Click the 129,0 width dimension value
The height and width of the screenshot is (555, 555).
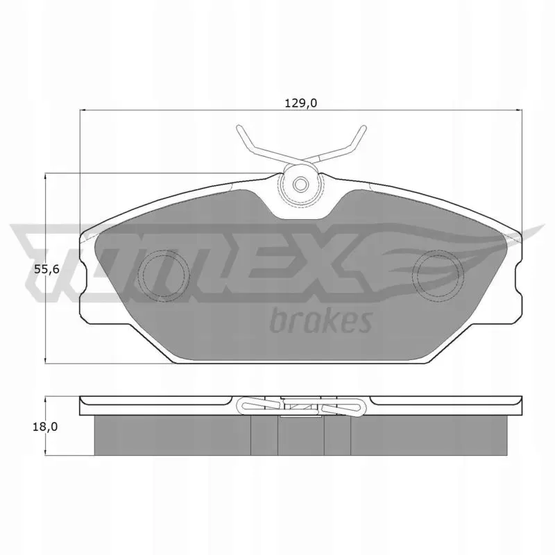(x=300, y=103)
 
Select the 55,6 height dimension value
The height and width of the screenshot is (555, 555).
(x=46, y=270)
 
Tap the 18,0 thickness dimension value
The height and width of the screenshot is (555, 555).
(x=45, y=427)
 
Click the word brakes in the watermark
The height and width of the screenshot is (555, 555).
(x=321, y=321)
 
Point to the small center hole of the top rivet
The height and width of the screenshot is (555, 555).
(x=301, y=185)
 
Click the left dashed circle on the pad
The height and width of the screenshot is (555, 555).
(x=163, y=275)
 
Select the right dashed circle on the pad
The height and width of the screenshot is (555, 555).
(x=438, y=275)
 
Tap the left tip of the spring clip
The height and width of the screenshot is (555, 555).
(x=239, y=128)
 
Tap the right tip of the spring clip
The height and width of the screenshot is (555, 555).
(x=364, y=128)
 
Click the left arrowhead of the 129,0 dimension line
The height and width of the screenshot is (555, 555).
(x=82, y=110)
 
